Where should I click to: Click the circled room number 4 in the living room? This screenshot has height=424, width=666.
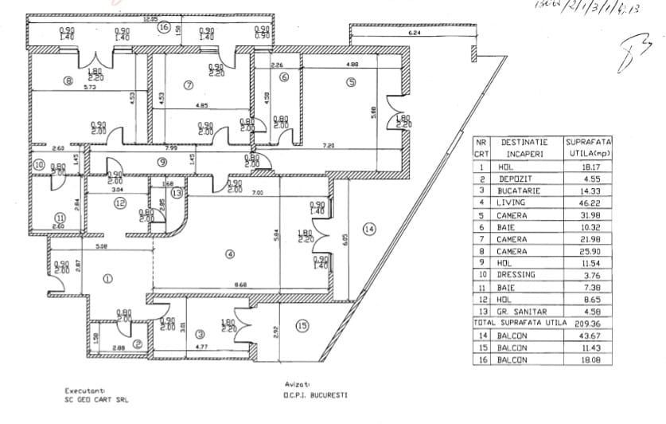tap(230, 254)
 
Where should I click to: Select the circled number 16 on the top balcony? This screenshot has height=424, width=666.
tap(164, 27)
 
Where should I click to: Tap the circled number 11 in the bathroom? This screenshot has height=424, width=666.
tap(59, 218)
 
